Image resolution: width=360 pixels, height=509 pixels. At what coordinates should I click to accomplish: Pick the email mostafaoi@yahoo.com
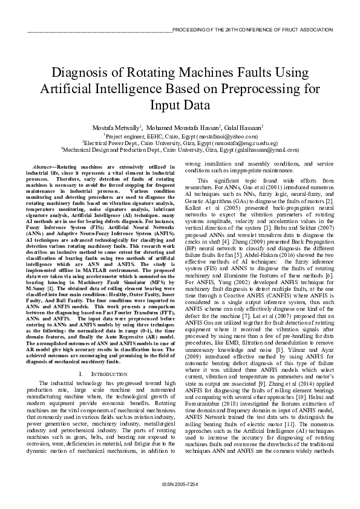click(218, 137)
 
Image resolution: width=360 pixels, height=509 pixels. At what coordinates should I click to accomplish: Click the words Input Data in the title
click(180, 105)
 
